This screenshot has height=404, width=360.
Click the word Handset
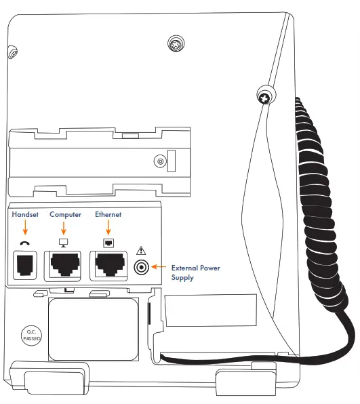[26, 215]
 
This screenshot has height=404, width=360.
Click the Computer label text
[65, 215]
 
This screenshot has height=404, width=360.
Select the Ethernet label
[108, 215]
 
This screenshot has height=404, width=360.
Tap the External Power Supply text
[195, 272]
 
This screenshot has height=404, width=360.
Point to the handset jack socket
[26, 266]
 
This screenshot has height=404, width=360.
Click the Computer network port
[65, 266]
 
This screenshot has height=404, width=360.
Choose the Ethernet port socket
[108, 266]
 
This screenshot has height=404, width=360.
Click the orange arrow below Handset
[26, 228]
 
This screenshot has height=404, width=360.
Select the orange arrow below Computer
[65, 228]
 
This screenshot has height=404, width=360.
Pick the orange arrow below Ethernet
[108, 228]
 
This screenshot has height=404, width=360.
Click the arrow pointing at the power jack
[159, 268]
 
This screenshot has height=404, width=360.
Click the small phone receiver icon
[26, 243]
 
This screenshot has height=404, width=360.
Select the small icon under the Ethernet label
[108, 243]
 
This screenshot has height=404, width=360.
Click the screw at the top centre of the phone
[176, 45]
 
